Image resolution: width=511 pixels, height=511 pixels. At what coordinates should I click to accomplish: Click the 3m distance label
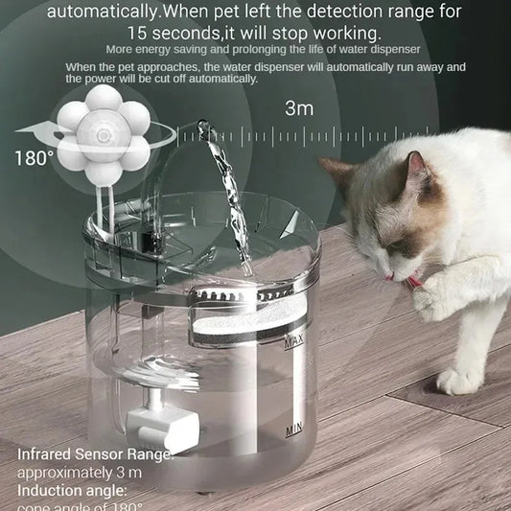click(298, 108)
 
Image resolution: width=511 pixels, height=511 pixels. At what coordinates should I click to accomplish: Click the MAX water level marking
click(293, 341)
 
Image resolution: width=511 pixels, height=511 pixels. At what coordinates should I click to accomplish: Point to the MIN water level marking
click(294, 430)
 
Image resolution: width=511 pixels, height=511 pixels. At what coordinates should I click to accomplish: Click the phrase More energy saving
click(159, 49)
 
